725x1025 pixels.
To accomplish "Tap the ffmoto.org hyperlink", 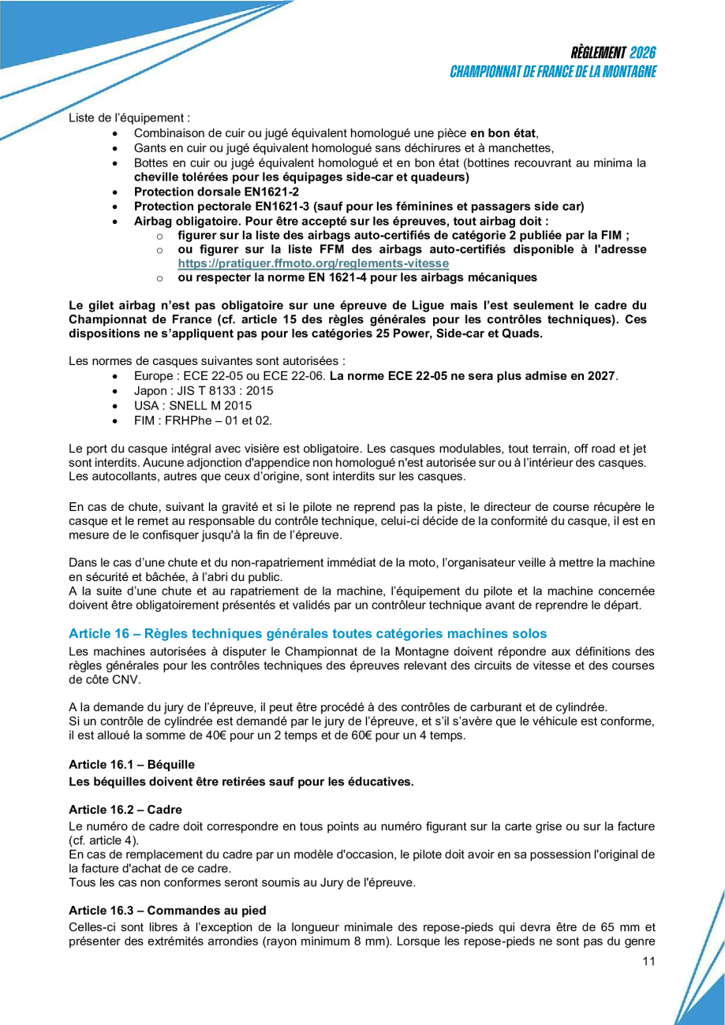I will click(x=313, y=263).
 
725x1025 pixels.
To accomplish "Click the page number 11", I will click(x=649, y=960).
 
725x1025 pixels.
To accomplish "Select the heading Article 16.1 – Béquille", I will click(x=131, y=764).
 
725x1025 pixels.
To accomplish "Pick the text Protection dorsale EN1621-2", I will click(x=216, y=191).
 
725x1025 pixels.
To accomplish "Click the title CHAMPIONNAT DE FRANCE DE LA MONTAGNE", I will click(x=553, y=71).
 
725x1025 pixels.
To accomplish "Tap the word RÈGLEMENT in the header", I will click(x=597, y=53).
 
